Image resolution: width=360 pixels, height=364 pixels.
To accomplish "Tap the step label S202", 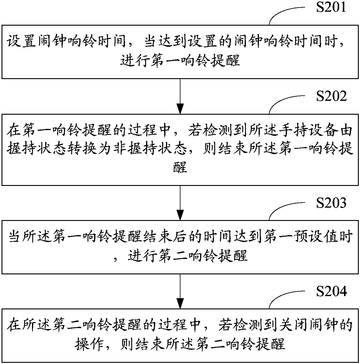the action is [331, 96].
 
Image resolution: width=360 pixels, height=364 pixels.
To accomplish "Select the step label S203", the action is [331, 203].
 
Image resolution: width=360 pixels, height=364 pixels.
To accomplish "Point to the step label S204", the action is [331, 291].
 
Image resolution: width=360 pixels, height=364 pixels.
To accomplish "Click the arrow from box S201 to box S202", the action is [180, 96].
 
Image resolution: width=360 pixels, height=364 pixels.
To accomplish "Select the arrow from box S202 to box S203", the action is [180, 203].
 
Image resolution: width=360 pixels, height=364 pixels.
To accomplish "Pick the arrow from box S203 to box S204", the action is [180, 291].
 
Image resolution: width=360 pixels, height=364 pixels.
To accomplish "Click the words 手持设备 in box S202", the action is [308, 130].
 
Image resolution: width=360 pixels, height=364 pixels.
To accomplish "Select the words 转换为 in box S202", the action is [89, 148].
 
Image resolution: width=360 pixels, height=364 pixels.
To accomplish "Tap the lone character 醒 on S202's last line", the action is [180, 167].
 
